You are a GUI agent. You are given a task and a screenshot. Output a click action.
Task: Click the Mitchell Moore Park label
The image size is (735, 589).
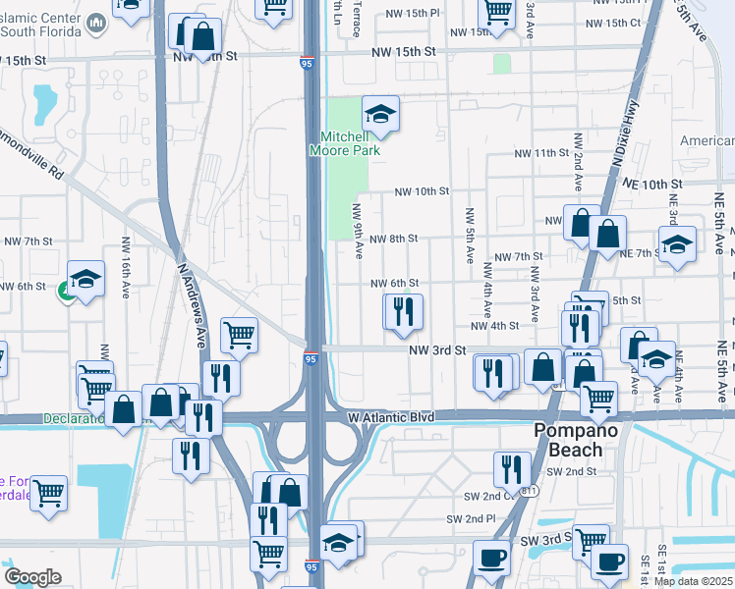[x=343, y=144]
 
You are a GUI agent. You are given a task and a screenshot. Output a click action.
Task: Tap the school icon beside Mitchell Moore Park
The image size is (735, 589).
[x=380, y=115]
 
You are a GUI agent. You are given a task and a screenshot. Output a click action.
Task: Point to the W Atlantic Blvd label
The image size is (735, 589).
[x=391, y=417]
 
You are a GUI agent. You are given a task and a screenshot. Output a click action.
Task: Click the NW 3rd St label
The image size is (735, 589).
[x=437, y=349]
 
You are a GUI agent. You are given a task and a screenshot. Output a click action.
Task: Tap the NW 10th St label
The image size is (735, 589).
[x=422, y=191]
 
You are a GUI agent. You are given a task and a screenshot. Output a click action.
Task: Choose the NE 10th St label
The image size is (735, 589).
[x=650, y=185]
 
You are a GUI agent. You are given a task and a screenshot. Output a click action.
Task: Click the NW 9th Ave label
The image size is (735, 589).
[x=358, y=231]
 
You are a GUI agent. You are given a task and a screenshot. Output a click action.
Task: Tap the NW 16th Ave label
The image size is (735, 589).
[x=126, y=267]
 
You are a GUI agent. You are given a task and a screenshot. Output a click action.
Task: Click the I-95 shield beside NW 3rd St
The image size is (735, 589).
[x=310, y=358]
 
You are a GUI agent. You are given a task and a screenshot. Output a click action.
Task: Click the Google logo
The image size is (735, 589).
[x=32, y=577]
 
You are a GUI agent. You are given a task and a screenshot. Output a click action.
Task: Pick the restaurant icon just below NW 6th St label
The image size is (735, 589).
[x=403, y=312]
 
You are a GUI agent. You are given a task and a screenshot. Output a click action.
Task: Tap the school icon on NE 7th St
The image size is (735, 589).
[x=677, y=244]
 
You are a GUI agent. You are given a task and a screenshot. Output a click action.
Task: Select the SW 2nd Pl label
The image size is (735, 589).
[x=471, y=518]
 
